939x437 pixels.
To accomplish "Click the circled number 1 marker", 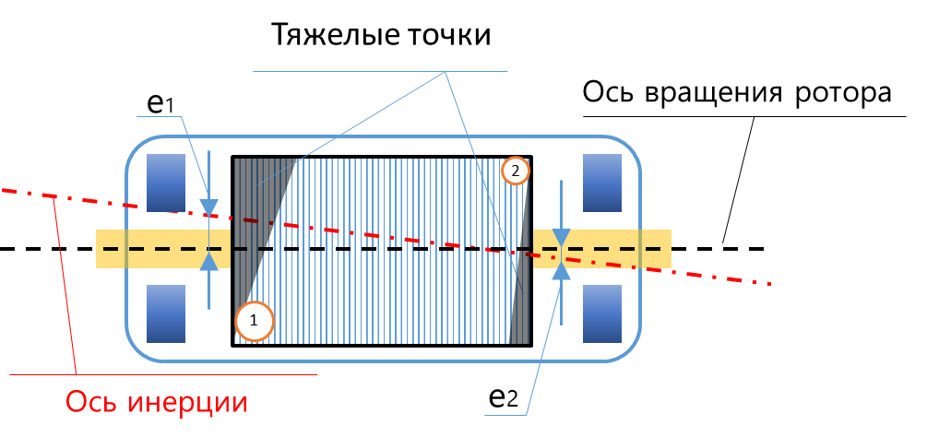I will pos(255,321).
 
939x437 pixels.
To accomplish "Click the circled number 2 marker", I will pos(516,171).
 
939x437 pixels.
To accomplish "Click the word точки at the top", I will pos(445,36).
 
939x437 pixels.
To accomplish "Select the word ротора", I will pos(846,95).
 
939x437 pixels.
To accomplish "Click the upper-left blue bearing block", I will pos(167,181).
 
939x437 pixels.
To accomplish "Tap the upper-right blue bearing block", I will pos(605,181).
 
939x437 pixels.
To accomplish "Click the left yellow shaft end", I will pos(138,249).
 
